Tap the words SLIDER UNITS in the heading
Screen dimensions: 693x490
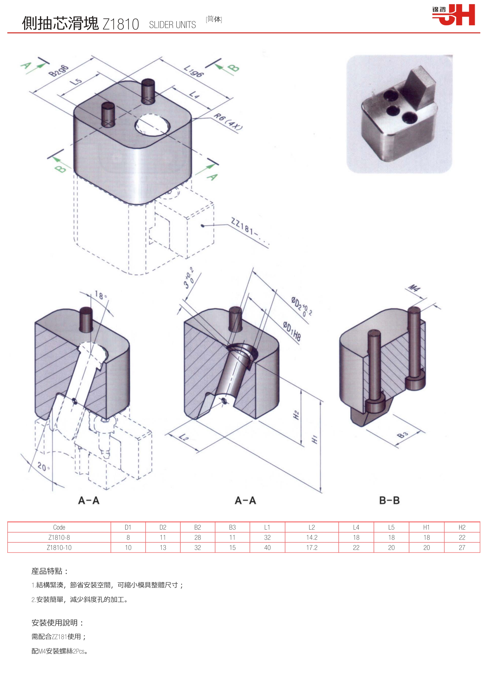172,25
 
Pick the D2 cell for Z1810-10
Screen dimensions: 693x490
163,548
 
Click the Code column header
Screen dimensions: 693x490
59,527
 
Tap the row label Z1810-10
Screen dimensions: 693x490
59,548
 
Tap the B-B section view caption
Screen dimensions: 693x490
389,500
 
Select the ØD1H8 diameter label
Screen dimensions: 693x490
292,331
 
